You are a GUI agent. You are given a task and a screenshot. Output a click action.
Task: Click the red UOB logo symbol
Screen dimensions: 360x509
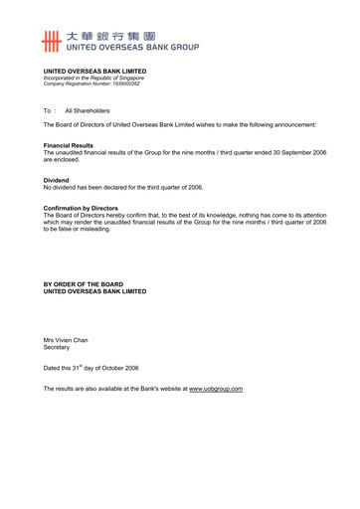tap(52, 41)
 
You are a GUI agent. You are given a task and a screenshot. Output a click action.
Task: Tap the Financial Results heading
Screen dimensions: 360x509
tap(70, 145)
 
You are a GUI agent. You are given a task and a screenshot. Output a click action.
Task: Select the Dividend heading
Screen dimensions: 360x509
tap(58, 180)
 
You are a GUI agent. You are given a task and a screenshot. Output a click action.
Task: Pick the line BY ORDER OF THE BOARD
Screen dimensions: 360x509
tap(84, 284)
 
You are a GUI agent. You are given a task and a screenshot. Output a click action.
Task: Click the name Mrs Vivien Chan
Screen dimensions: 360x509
tap(66, 340)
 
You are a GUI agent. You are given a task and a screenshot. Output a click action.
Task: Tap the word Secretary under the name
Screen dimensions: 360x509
tap(57, 348)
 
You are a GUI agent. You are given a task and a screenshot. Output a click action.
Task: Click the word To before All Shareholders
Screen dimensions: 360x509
tap(47, 110)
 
